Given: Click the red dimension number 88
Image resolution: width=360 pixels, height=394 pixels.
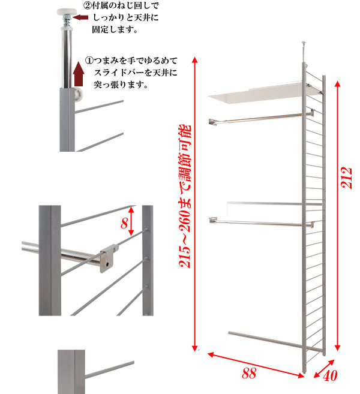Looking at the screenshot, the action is click(x=249, y=373).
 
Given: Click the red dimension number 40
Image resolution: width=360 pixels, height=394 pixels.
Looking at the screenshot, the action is click(x=330, y=376).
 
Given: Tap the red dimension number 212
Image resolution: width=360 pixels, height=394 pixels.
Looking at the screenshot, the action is click(x=346, y=178).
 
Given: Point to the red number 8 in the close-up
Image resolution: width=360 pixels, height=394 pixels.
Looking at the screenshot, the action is click(x=124, y=223).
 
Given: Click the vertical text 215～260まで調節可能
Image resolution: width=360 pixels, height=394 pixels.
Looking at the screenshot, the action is click(x=185, y=196).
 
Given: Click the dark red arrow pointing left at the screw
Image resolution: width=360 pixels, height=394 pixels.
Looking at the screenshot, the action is click(x=80, y=17).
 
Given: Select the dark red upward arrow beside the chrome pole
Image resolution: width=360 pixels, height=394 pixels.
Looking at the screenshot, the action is click(x=79, y=74).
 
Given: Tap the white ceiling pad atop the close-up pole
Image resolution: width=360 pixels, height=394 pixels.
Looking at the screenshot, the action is click(x=67, y=11).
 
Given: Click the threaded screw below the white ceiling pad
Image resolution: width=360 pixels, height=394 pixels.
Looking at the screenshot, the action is click(x=67, y=21).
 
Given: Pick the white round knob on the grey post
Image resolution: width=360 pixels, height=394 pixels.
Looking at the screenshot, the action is click(x=79, y=94).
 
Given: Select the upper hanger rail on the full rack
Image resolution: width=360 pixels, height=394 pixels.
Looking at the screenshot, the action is click(x=262, y=118).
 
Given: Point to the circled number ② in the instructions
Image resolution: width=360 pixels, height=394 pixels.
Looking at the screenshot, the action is click(x=87, y=5).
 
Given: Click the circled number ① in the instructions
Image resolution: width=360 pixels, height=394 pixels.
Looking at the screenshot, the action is click(x=89, y=61).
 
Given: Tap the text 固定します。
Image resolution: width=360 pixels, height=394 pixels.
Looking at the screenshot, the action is click(x=115, y=29).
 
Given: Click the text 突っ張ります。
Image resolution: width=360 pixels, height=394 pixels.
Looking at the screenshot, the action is click(x=121, y=85).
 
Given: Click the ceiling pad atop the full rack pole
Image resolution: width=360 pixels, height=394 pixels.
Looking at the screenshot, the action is click(x=304, y=43).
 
